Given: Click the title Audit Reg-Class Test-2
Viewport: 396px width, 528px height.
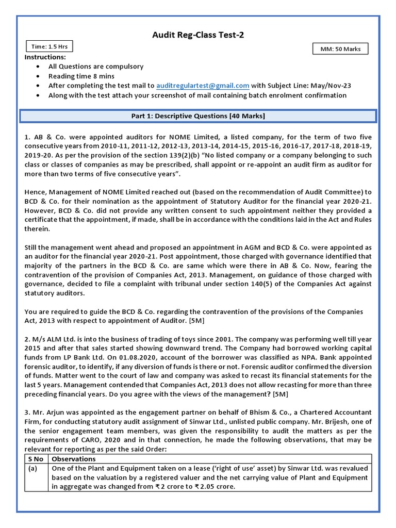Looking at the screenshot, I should (x=197, y=35).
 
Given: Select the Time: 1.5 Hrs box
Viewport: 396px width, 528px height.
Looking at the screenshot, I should (x=49, y=46).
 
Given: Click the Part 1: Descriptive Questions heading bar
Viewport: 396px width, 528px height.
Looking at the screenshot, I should (x=198, y=116).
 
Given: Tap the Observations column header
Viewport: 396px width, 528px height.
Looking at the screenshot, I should (x=74, y=459).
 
